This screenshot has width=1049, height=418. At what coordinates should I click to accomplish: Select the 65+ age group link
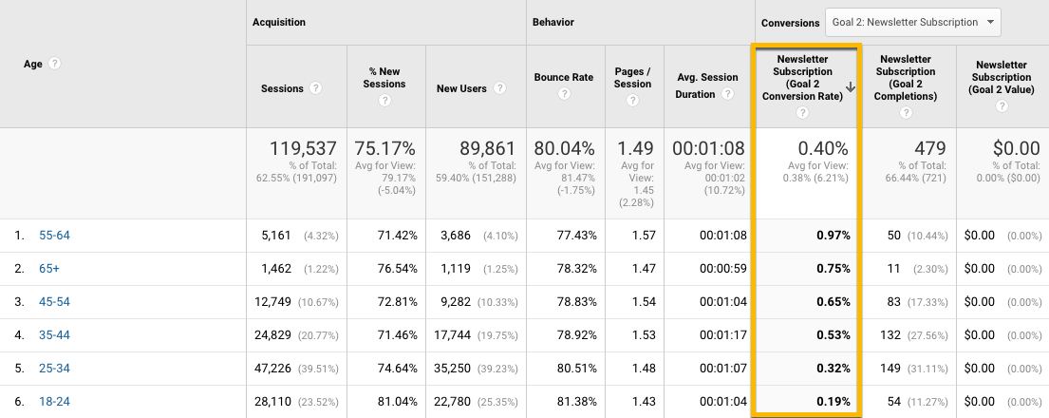pos(49,269)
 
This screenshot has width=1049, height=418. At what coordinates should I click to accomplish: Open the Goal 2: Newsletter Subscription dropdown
pos(912,22)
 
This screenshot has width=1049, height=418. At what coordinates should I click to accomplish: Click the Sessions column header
pos(282,88)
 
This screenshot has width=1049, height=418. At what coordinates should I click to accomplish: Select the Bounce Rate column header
pos(564,77)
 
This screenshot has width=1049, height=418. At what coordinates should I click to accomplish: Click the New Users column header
pos(461,88)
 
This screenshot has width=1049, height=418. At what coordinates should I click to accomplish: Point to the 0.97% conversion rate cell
pos(832,236)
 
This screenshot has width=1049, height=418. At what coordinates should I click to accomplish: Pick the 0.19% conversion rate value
pos(832,402)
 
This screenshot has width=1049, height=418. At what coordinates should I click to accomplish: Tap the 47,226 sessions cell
pos(281,369)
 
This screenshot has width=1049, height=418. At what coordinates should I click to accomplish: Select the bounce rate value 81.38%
pos(572,402)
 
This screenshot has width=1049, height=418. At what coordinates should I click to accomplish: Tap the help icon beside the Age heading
pos(55,64)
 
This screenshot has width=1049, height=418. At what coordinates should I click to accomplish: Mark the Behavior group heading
pos(553,22)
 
